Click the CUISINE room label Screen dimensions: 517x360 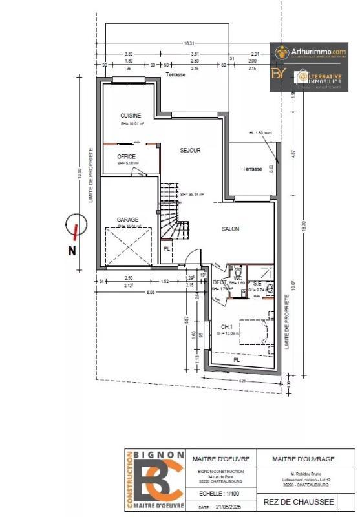pyautogui.click(x=130, y=116)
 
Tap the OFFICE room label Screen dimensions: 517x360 pyautogui.click(x=125, y=157)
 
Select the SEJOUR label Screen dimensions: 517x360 pyautogui.click(x=190, y=150)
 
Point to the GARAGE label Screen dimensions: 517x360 pyautogui.click(x=127, y=220)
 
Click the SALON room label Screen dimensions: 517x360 pyautogui.click(x=231, y=229)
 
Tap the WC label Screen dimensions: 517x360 pyautogui.click(x=238, y=278)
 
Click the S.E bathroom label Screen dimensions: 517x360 pyautogui.click(x=257, y=284)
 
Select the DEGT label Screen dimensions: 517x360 pyautogui.click(x=218, y=282)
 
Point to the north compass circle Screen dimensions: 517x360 pyautogui.click(x=76, y=227)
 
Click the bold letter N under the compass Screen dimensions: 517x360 pyautogui.click(x=72, y=251)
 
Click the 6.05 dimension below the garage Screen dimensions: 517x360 pyautogui.click(x=150, y=293)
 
